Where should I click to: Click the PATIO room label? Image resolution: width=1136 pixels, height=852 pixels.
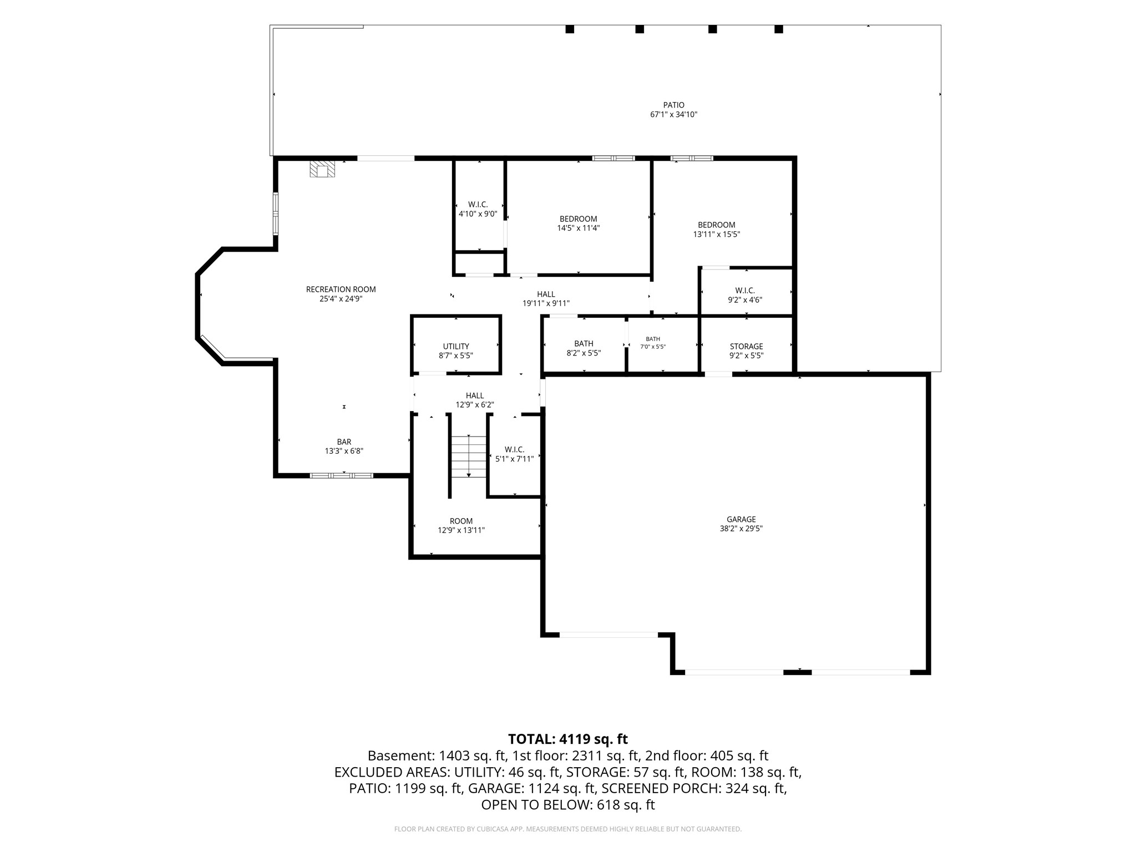click(x=673, y=105)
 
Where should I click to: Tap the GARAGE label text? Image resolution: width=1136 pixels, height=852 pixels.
click(x=741, y=519)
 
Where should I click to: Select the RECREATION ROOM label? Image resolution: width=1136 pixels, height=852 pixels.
click(x=341, y=289)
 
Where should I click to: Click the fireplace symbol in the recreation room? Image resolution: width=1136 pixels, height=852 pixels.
click(x=322, y=169)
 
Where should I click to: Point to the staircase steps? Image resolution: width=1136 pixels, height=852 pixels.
click(x=469, y=457)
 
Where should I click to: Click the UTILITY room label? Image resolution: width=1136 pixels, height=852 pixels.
click(x=456, y=346)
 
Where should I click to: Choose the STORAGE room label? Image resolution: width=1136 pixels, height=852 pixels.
click(x=746, y=346)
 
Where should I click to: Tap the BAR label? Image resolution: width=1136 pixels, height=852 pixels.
click(x=344, y=442)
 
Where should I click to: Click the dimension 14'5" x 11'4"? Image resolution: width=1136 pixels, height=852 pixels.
click(x=578, y=228)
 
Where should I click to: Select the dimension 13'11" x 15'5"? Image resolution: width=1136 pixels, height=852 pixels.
click(x=716, y=234)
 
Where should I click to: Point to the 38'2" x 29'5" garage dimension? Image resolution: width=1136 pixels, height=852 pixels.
click(x=741, y=529)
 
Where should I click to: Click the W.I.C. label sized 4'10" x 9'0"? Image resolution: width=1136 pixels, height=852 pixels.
click(x=478, y=205)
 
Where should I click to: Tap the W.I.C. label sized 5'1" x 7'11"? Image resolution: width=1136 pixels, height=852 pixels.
click(x=514, y=449)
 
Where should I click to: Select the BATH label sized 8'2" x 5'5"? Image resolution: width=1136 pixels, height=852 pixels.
click(x=584, y=343)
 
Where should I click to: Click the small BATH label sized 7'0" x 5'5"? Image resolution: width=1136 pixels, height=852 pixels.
click(x=653, y=339)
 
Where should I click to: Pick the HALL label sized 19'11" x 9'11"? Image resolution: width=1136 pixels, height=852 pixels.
click(x=546, y=294)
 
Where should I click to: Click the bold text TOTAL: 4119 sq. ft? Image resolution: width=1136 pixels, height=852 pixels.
click(x=568, y=739)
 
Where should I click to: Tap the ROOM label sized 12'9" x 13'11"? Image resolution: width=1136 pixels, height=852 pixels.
click(x=461, y=521)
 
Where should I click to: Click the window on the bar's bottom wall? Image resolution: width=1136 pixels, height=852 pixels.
click(x=341, y=475)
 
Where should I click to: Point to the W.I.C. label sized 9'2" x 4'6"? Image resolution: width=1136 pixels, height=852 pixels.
click(x=745, y=290)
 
